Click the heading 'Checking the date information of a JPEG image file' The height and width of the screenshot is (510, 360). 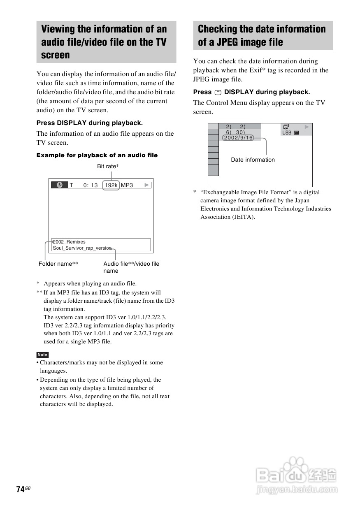[x=262, y=35]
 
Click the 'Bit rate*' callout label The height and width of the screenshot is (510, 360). [x=108, y=166]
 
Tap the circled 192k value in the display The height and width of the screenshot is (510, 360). [x=111, y=185]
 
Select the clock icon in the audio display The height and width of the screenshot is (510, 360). [x=60, y=185]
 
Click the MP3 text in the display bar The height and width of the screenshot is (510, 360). [x=127, y=185]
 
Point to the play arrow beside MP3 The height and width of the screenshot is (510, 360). [x=147, y=185]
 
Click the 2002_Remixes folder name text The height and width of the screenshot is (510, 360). [x=69, y=242]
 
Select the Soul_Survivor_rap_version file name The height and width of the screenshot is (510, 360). [x=82, y=248]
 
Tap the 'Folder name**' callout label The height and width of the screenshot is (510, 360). [x=58, y=264]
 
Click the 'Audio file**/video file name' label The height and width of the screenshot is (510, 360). [x=131, y=267]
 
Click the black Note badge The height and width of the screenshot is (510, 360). [x=42, y=355]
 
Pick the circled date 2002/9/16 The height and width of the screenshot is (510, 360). [x=238, y=138]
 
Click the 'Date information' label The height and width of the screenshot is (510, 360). [x=253, y=160]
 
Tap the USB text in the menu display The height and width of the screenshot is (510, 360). [x=287, y=133]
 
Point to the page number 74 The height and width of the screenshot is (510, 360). [x=20, y=489]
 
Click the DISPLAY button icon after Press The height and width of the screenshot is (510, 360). [x=218, y=93]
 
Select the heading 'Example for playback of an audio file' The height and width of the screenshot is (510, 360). [x=97, y=155]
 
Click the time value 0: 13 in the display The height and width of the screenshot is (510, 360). [x=91, y=185]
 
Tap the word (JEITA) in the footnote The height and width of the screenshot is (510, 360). [x=245, y=217]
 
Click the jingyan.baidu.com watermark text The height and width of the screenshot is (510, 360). [x=296, y=489]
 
